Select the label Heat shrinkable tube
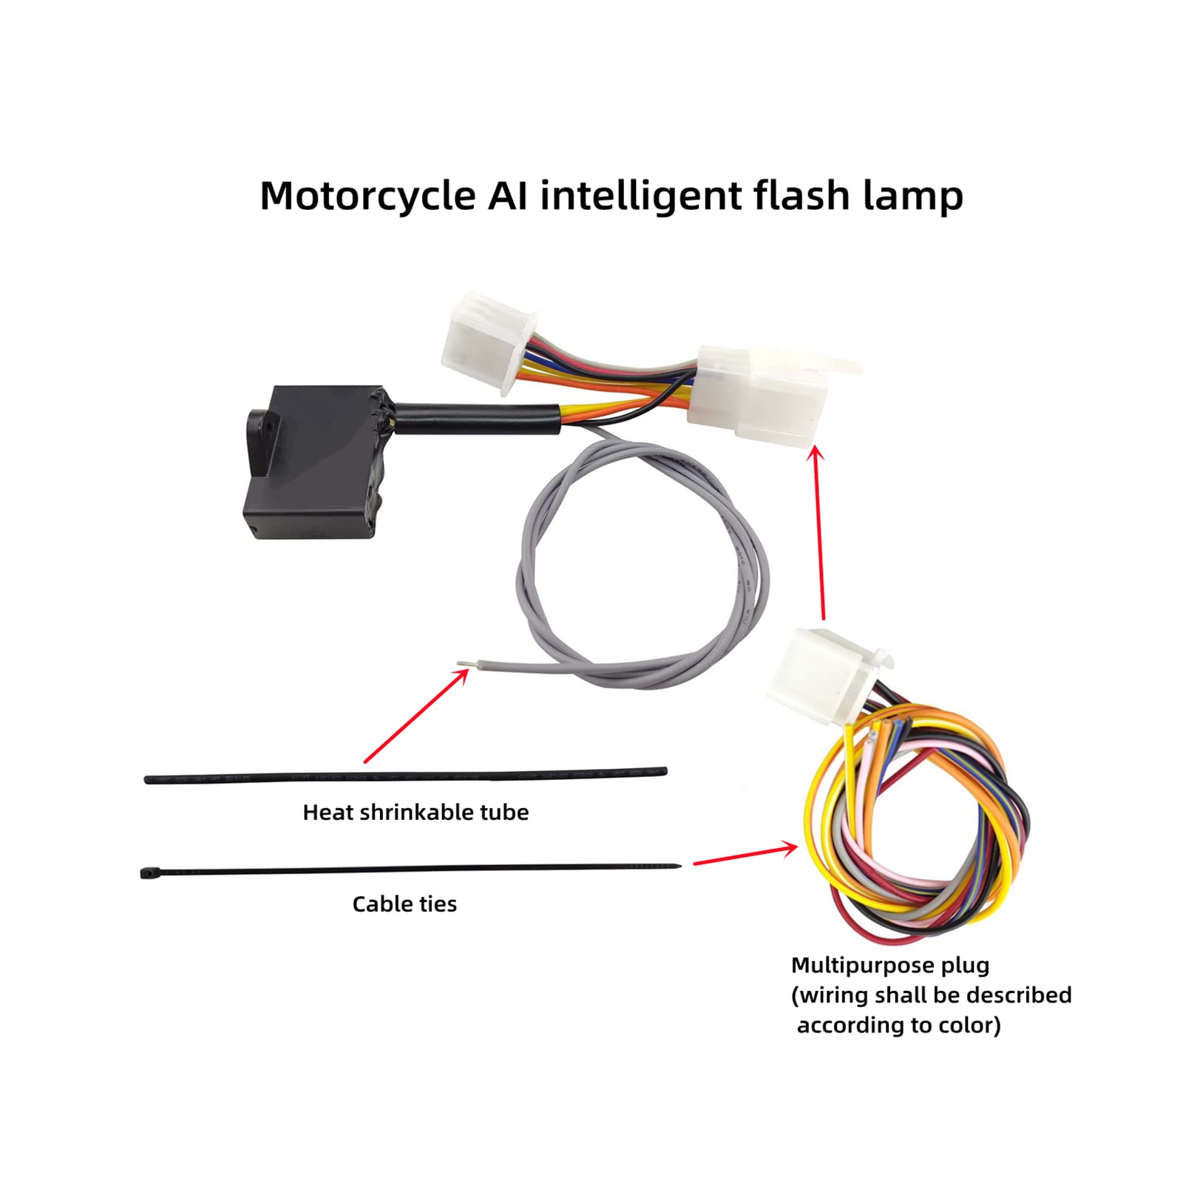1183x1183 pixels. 416,812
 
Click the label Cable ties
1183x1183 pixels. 404,904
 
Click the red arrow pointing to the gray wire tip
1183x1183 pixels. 416,715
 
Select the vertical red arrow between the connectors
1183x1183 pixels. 818,532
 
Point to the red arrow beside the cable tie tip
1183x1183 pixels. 745,854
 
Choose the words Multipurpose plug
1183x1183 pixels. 890,965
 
